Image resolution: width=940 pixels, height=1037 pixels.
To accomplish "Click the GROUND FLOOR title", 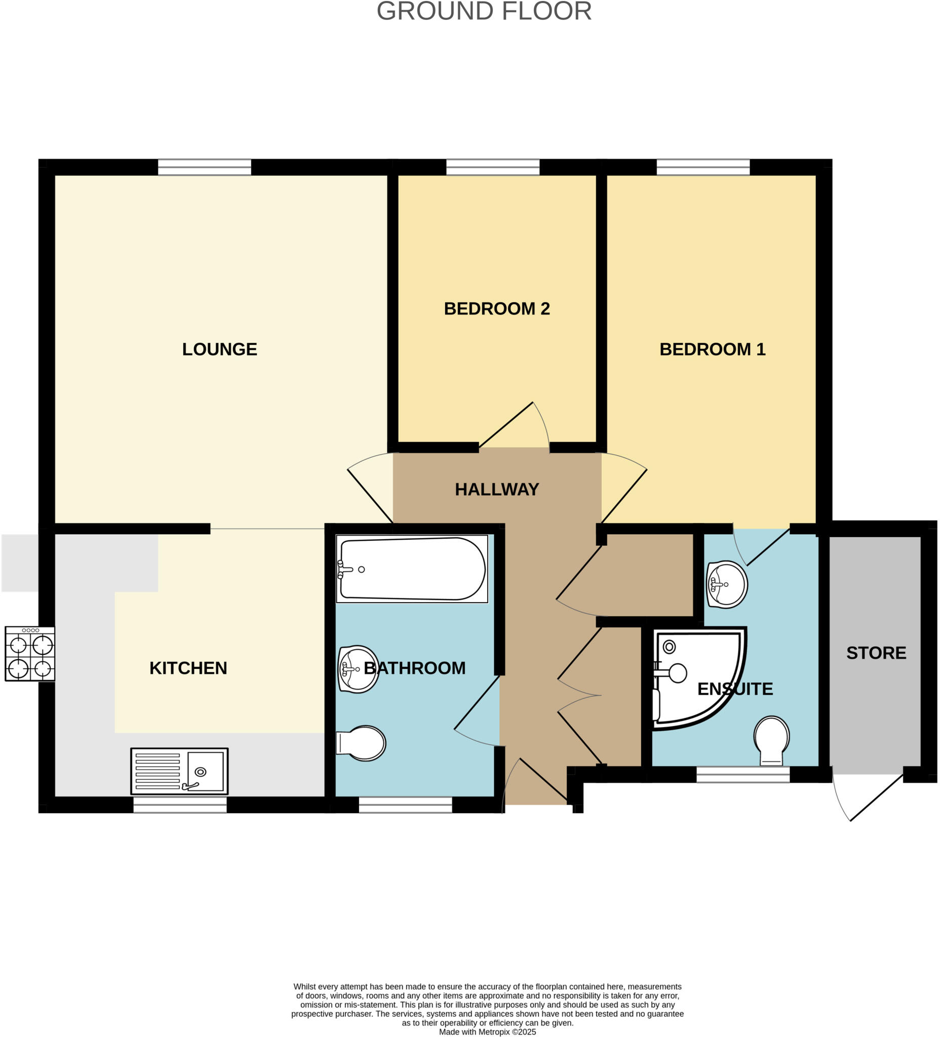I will (x=484, y=11).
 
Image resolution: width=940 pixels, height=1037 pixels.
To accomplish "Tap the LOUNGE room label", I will (x=220, y=349).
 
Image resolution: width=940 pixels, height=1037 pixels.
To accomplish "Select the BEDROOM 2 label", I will (x=496, y=309).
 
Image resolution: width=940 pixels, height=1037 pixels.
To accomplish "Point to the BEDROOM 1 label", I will (x=712, y=349).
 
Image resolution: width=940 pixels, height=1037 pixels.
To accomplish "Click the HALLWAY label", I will (x=496, y=489).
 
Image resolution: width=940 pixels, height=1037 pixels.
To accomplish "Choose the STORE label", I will (x=876, y=653).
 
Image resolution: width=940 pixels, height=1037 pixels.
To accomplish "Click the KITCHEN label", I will (x=188, y=668).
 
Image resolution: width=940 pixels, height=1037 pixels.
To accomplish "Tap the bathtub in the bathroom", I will (x=412, y=569).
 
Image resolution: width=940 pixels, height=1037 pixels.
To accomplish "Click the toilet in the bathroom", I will (x=361, y=743).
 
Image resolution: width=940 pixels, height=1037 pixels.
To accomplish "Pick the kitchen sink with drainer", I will (x=179, y=771).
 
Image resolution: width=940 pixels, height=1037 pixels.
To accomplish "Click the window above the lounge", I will (x=204, y=167).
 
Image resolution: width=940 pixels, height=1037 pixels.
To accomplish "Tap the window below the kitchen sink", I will (x=180, y=805).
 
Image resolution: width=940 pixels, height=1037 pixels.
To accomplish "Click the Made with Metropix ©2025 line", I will (x=487, y=1031).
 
